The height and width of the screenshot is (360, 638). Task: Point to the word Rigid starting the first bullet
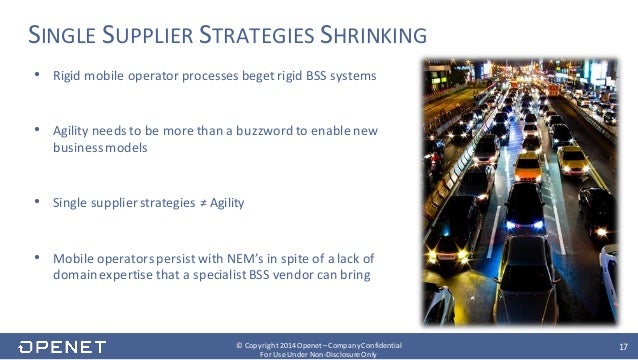click(x=66, y=77)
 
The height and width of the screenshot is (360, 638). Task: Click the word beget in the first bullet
click(x=255, y=77)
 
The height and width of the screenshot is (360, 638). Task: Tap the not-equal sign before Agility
click(x=198, y=202)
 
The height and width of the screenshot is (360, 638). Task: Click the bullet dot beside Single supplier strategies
click(x=38, y=202)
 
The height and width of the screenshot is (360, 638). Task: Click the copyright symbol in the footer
click(x=238, y=344)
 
